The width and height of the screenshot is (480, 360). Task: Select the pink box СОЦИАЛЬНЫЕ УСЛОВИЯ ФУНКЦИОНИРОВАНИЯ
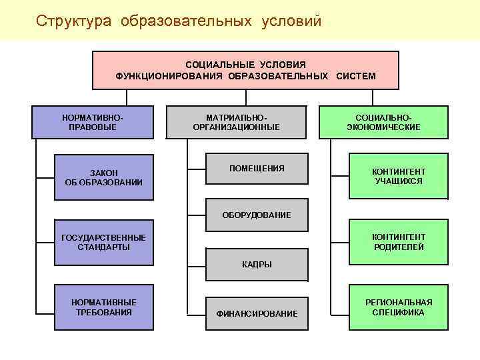pos(245,70)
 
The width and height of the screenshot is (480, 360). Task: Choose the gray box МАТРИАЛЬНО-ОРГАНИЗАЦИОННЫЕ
pos(236,121)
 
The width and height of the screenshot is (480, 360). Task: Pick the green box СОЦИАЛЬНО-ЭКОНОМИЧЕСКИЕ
pos(383,121)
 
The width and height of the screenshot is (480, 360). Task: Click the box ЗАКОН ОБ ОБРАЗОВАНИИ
pos(103,177)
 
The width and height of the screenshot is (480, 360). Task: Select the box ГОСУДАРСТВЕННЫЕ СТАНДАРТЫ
pos(103,242)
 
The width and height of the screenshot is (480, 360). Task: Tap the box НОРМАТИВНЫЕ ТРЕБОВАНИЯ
pos(103,307)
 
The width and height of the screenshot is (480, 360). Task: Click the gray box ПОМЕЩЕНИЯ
pos(257,169)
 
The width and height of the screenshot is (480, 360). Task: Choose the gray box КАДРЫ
pos(257,264)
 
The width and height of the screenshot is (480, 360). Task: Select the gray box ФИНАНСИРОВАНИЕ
pos(257,313)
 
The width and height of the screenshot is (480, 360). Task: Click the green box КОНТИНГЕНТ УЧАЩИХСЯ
pos(398,177)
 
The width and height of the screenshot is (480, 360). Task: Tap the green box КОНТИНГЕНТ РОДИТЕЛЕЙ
pos(398,242)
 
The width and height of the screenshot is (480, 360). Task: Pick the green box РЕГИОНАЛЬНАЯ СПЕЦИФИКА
pos(398,307)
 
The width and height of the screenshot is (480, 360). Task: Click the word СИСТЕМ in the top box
pos(356,76)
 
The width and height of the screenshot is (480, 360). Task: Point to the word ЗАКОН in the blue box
pos(103,173)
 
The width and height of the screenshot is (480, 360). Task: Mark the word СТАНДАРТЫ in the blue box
pos(103,247)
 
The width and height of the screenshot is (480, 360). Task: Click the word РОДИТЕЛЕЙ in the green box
pos(398,247)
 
